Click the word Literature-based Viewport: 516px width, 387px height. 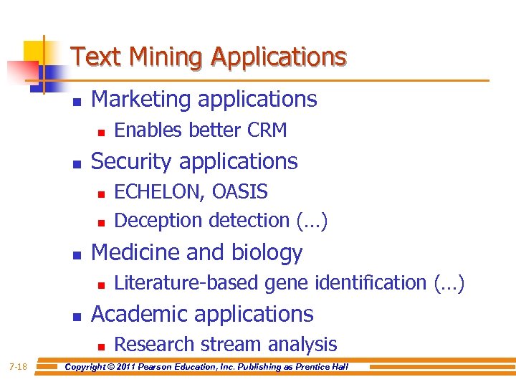pyautogui.click(x=188, y=283)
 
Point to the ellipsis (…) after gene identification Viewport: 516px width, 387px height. pyautogui.click(x=449, y=284)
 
